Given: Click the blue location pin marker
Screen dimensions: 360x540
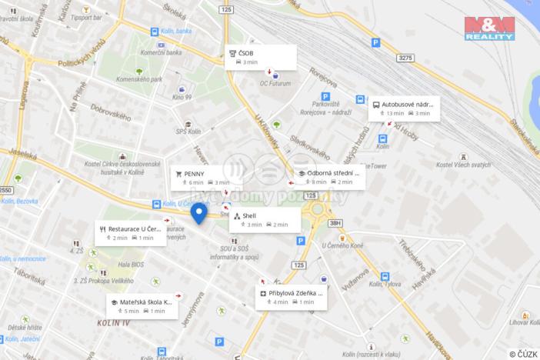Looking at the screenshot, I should tap(198, 212).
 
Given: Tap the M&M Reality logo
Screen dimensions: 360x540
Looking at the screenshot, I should tap(488, 28).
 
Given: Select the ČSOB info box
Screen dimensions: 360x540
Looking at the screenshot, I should tap(261, 57).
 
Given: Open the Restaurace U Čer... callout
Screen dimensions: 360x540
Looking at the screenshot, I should tap(131, 233).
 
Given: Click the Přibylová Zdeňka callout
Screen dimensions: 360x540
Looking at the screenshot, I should tap(291, 297).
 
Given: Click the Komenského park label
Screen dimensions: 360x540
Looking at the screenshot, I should tap(138, 79).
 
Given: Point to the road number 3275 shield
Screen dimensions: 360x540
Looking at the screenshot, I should tap(406, 58).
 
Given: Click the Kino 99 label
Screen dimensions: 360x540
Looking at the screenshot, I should tap(182, 98).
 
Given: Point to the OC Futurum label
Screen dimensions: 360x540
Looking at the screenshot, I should tap(275, 83).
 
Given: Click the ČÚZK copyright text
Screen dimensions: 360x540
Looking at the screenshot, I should tap(524, 354).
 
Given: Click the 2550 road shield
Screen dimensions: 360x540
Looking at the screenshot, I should tap(6, 190).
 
